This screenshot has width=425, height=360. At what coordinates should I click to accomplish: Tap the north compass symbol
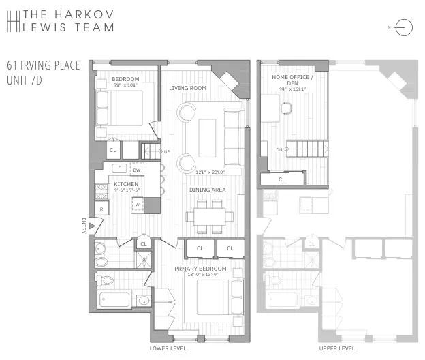(402, 28)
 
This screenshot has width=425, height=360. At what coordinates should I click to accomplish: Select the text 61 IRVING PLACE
(44, 66)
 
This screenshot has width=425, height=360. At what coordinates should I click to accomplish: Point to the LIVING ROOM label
(188, 88)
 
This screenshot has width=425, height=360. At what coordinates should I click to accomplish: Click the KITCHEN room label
(127, 185)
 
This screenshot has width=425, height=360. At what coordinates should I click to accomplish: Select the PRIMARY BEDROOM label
(200, 269)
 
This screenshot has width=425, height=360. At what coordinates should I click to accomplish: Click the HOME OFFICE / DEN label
(292, 80)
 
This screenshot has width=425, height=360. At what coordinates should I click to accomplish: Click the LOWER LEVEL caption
(168, 348)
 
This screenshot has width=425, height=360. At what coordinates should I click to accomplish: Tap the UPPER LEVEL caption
(336, 348)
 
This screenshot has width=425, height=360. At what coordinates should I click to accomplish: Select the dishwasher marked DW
(136, 170)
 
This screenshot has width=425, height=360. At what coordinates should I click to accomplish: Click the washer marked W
(137, 203)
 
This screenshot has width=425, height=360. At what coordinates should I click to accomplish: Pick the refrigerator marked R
(101, 209)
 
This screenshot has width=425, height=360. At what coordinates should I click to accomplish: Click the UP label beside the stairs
(166, 151)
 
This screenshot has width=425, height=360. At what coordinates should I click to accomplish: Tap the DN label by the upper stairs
(279, 149)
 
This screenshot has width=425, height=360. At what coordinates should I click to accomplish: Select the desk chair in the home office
(287, 106)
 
